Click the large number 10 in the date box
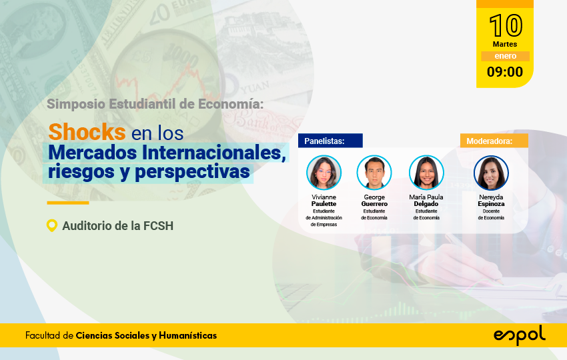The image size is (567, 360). point(506,25)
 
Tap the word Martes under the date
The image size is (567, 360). point(505,44)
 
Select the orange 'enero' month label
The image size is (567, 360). point(505,56)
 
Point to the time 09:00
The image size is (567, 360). point(505,71)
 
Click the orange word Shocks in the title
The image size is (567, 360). point(87,131)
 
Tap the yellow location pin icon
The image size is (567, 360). point(52,225)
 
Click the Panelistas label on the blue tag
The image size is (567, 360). point(324,141)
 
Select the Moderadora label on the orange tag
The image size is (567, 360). point(489,141)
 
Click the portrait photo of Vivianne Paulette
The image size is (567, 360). point(324,173)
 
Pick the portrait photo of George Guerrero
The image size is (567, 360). point(374,173)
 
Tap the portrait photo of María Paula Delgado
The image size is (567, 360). point(426,173)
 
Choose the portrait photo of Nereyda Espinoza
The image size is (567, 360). point(491,173)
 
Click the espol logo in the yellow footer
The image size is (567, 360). point(520,335)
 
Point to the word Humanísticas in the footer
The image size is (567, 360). point(187,335)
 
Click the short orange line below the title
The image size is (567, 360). point(68,203)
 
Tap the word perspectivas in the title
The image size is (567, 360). point(192,172)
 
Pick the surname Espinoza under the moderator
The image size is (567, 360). point(491,204)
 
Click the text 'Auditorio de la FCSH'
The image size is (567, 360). point(118,226)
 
